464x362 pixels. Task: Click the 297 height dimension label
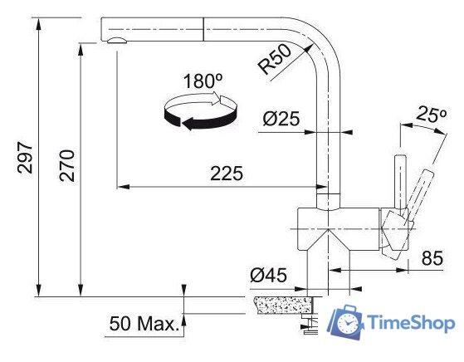coord(24,154)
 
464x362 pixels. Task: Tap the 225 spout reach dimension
coord(226,174)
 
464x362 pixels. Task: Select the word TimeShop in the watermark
coord(409,323)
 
